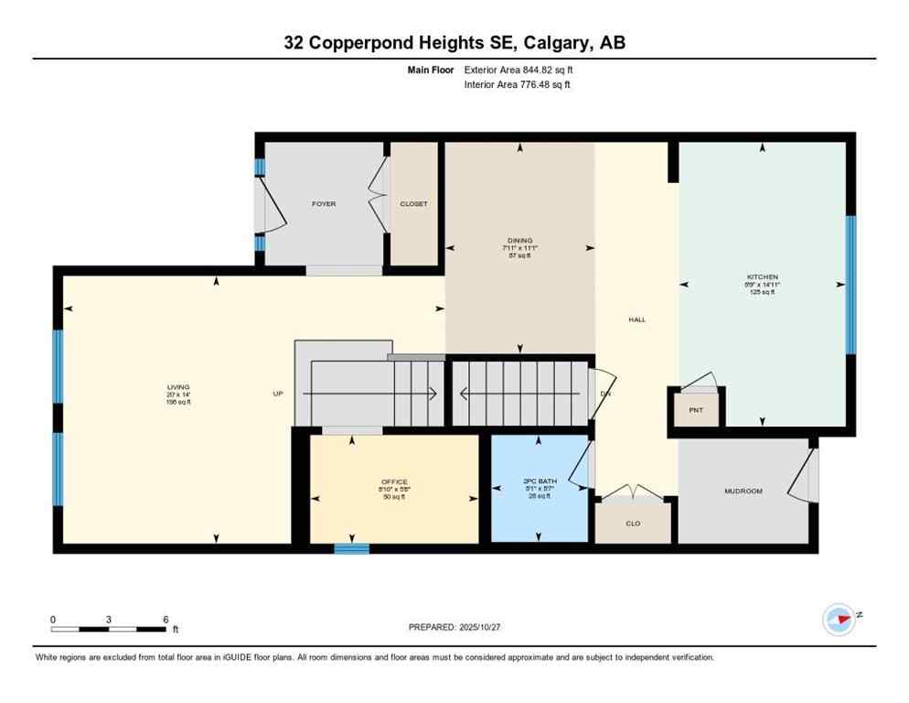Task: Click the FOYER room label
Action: coord(324,204)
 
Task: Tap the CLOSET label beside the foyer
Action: coord(413,204)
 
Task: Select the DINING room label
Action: coord(519,241)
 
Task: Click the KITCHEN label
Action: coord(762,276)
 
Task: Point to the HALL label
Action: coord(636,319)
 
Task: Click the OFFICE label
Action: coord(394,482)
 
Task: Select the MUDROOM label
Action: coord(743,492)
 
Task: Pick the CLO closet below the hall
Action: coord(633,525)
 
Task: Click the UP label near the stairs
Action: coord(278,394)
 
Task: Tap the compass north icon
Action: coord(839,619)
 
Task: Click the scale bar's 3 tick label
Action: coord(109,620)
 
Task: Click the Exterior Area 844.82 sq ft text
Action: coord(519,69)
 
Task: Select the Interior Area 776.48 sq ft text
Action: coord(519,85)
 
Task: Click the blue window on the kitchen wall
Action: coord(850,285)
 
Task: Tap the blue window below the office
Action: coord(351,548)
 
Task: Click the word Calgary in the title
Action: coord(556,42)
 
